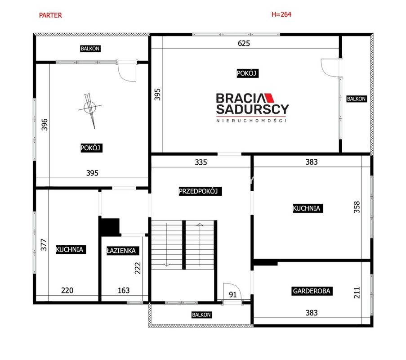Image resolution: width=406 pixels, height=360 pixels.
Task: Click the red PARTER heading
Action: click(x=50, y=15)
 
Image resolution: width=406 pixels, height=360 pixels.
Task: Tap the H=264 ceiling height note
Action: click(x=281, y=14)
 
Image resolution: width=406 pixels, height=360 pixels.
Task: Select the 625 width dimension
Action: click(x=244, y=43)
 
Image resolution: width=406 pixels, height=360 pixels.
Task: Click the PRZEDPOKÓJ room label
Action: click(x=200, y=191)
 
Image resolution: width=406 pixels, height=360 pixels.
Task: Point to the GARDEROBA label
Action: click(x=312, y=291)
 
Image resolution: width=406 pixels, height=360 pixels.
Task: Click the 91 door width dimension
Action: click(x=233, y=294)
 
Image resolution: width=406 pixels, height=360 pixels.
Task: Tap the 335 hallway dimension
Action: click(x=201, y=162)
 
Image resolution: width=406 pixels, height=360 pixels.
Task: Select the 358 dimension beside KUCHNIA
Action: click(x=357, y=207)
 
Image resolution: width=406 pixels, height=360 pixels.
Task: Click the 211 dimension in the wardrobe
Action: click(x=357, y=292)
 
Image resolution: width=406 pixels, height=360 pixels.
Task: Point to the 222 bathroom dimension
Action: click(x=138, y=268)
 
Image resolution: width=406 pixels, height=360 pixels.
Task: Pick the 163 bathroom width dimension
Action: click(x=124, y=290)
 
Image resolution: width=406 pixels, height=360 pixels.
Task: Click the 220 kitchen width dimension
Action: click(x=67, y=290)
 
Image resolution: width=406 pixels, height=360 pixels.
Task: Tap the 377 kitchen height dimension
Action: click(x=44, y=245)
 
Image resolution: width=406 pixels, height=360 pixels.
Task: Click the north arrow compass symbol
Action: click(x=90, y=109)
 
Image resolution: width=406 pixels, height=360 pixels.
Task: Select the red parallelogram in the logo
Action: click(x=270, y=98)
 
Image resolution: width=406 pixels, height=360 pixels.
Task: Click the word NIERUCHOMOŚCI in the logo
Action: click(x=251, y=121)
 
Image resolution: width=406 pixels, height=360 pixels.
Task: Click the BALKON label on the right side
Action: click(x=357, y=99)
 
